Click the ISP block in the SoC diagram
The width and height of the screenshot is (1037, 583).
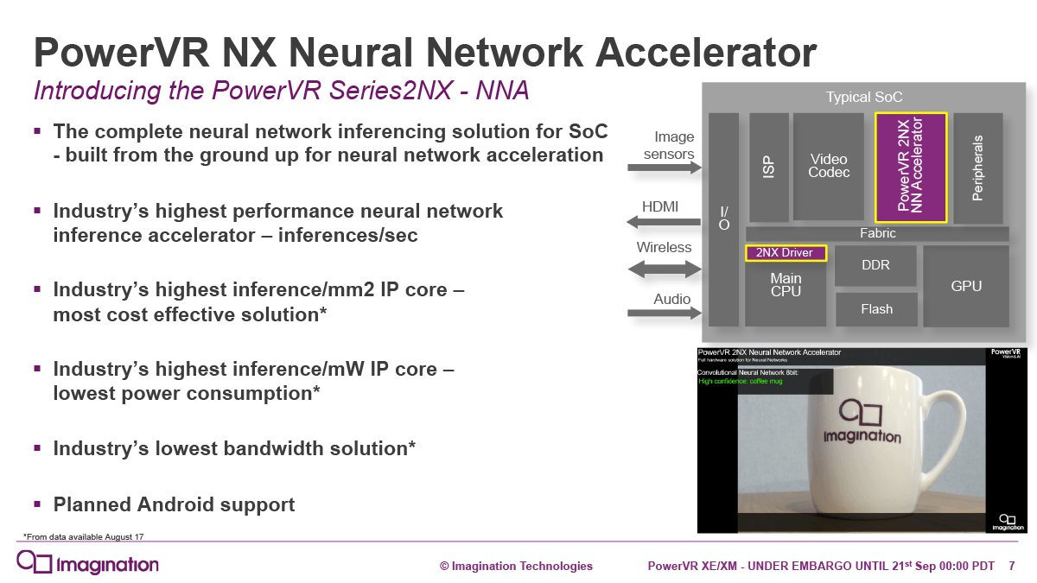[x=768, y=167]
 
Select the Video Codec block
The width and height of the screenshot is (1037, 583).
[x=829, y=167]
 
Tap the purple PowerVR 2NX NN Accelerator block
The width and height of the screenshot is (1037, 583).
[x=911, y=167]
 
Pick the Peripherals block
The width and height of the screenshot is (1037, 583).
[x=978, y=167]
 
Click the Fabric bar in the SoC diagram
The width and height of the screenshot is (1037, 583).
[x=877, y=233]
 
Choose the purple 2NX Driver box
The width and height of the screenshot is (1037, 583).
[x=786, y=253]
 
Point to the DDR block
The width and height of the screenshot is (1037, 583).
[x=875, y=265]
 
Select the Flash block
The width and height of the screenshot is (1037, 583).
[x=876, y=309]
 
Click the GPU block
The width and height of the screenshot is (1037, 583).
[x=966, y=286]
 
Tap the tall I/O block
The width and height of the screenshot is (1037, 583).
[x=724, y=219]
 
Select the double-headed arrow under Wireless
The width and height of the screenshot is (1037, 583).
[x=665, y=269]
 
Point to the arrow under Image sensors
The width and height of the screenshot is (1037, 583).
[x=665, y=168]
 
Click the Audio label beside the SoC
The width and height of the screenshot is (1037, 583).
[x=671, y=299]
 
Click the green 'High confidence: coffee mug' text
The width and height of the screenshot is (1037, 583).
[x=741, y=381]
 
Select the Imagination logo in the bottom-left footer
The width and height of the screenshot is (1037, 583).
[x=88, y=564]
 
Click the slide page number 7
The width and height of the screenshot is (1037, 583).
[x=1011, y=566]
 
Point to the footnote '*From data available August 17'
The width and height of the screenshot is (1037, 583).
[x=83, y=536]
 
